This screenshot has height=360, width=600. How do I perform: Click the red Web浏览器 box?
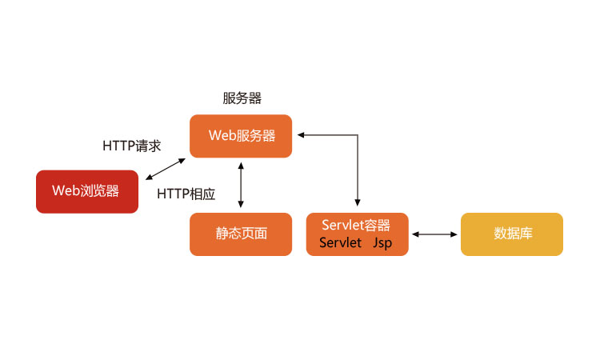point(87,191)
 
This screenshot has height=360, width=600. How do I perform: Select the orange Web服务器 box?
point(241,136)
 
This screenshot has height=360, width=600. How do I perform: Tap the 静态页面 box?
point(241,234)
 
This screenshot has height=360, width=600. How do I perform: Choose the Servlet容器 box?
point(357,234)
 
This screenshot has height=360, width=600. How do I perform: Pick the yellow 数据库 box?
point(512,234)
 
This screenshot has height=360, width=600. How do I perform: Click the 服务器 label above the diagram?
point(242,98)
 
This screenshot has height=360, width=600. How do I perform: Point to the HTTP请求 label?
point(132,146)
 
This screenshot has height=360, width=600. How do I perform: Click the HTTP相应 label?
point(186,194)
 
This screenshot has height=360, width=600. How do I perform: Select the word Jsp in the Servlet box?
point(382,243)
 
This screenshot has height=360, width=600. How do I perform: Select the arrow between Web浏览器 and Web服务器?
point(166,170)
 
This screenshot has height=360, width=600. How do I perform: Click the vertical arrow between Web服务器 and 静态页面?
point(241,184)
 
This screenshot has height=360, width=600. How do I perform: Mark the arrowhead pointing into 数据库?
point(454,234)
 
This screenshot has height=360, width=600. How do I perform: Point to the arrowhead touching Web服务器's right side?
point(298,136)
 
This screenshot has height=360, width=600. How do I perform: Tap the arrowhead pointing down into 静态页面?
point(241,204)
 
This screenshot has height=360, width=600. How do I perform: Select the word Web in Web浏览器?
point(66,191)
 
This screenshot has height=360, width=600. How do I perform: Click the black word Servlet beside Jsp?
point(341,243)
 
